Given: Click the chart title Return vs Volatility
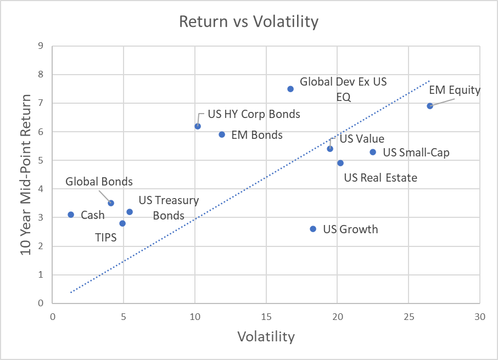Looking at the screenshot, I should coord(249,22).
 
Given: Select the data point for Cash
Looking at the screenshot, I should coord(71,215).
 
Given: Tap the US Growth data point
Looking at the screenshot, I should coord(313,229).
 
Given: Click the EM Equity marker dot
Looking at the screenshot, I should coord(430,106).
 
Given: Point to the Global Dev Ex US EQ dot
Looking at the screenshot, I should coord(290,89).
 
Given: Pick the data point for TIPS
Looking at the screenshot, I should coord(122,223).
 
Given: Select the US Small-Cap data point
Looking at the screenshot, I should coord(373,152).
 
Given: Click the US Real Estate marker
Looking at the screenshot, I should coord(340,163).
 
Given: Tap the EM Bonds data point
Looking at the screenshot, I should coord(222,134).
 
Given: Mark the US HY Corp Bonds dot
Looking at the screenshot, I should coord(198,126).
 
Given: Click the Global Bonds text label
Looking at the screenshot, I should coord(99,181).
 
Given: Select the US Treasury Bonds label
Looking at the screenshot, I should coord(169,208).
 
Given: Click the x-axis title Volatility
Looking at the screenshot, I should coord(266,336).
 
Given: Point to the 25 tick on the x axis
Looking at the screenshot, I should coord(409,317).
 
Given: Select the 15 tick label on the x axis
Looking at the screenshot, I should coord(266,317).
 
